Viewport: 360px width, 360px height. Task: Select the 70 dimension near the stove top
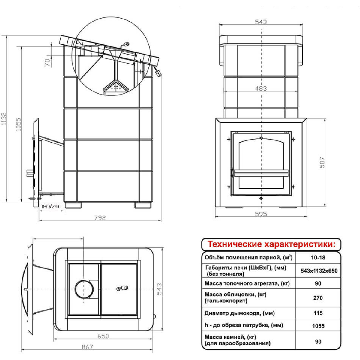coord(47,63)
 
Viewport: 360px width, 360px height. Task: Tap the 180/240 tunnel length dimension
coord(51,206)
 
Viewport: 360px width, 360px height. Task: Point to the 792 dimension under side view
coord(100,217)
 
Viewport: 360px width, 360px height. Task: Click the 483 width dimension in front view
coord(261,88)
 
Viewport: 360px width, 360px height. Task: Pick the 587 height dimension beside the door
coord(322,163)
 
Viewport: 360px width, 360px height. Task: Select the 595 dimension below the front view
coord(261,214)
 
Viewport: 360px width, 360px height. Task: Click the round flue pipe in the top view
coord(84,289)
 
